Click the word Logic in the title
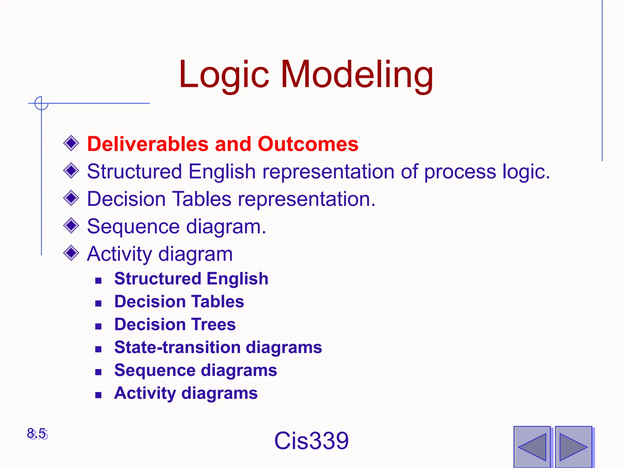224,75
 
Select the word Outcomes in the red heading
308,144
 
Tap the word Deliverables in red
148,144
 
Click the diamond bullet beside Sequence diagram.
71,226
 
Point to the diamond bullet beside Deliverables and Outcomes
71,143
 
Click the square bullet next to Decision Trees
98,327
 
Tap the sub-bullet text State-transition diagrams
218,347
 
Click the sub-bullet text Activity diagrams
186,393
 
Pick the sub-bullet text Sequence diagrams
195,370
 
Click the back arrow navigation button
532,447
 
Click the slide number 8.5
37,434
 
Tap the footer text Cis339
311,441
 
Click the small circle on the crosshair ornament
41,103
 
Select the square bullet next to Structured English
98,281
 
